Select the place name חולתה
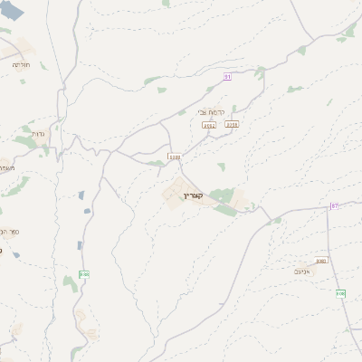(21, 65)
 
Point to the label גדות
(38, 133)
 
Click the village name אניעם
(303, 271)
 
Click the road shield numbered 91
(228, 78)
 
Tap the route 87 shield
(334, 206)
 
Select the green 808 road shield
(340, 293)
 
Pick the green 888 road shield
(84, 274)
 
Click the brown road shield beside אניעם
(321, 261)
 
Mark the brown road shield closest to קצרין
(175, 157)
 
